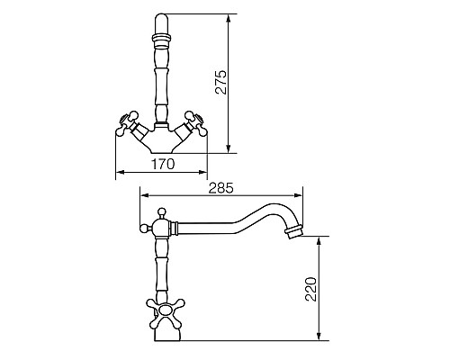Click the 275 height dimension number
(222, 83)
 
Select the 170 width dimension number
(162, 165)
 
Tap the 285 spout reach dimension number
(220, 188)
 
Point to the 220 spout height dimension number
(310, 289)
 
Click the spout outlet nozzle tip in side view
(294, 231)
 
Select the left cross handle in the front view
(127, 123)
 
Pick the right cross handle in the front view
(195, 123)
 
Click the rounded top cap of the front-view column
(162, 23)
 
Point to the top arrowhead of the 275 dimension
(229, 18)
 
